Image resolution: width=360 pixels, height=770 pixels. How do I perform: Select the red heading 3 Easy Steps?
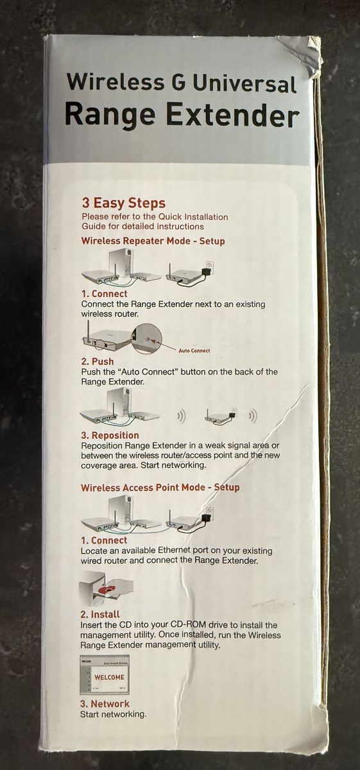point(123,203)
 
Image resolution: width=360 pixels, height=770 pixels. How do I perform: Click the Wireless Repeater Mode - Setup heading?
point(153,241)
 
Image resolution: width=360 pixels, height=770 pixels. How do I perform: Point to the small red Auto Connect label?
point(194,350)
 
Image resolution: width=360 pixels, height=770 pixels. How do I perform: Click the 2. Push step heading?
point(98,361)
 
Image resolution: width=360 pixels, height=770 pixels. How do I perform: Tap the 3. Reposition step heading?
point(110,435)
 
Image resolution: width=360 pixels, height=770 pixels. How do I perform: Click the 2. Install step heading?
point(100,614)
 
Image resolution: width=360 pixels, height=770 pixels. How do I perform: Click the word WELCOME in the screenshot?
point(109,677)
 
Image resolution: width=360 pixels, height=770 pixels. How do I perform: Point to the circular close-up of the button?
point(147,339)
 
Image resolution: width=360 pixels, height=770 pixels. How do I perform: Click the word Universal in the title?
point(244,84)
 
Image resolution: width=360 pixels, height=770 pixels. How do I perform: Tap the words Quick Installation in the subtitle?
point(193,217)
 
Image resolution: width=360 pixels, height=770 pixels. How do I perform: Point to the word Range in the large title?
point(110,115)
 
